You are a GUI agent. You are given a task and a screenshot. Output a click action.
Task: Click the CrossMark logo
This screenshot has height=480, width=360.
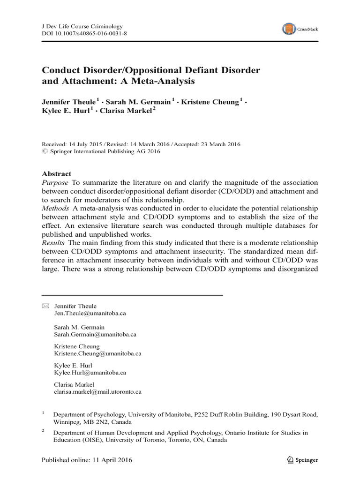300,29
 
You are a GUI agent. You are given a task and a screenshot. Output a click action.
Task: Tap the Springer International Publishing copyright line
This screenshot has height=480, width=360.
101,151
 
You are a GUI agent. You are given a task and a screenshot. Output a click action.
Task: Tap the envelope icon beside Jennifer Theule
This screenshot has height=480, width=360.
45,306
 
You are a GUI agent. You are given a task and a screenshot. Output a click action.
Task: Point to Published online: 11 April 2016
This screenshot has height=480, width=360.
87,460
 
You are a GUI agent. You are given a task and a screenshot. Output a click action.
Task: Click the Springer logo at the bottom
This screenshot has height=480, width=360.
299,460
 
